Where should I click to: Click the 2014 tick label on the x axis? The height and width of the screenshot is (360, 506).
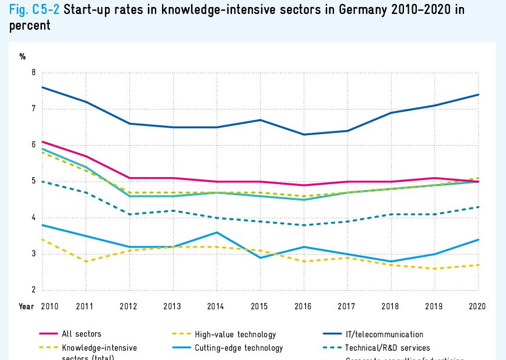(217, 306)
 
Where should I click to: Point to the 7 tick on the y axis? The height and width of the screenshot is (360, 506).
(33, 109)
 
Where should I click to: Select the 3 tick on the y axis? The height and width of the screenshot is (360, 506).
(33, 254)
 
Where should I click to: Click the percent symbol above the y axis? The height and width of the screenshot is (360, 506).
(23, 57)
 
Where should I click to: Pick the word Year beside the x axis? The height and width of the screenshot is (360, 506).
(26, 306)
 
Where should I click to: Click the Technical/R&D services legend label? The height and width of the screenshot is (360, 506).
(388, 348)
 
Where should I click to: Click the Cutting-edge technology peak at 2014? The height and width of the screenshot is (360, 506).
(217, 232)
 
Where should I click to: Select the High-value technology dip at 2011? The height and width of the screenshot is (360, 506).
(86, 262)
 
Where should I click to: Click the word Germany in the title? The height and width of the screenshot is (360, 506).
(338, 10)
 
